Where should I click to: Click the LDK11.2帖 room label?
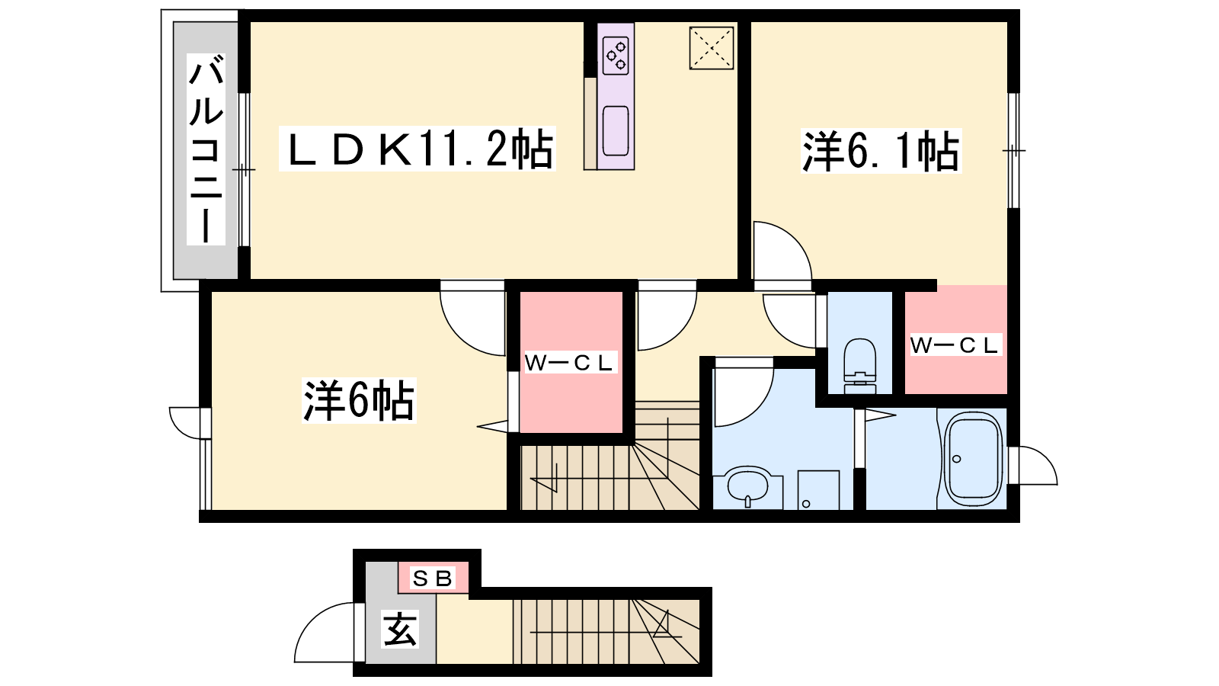[417, 149]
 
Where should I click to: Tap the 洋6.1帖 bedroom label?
[881, 152]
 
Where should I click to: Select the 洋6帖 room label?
[359, 400]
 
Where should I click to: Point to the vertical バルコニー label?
[206, 149]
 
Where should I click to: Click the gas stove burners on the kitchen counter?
[616, 56]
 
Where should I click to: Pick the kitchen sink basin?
[616, 130]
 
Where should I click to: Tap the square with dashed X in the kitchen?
[712, 48]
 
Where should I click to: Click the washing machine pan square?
[818, 490]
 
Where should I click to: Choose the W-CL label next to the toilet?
[955, 345]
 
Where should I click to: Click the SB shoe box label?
[433, 579]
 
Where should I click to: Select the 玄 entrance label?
[401, 630]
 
